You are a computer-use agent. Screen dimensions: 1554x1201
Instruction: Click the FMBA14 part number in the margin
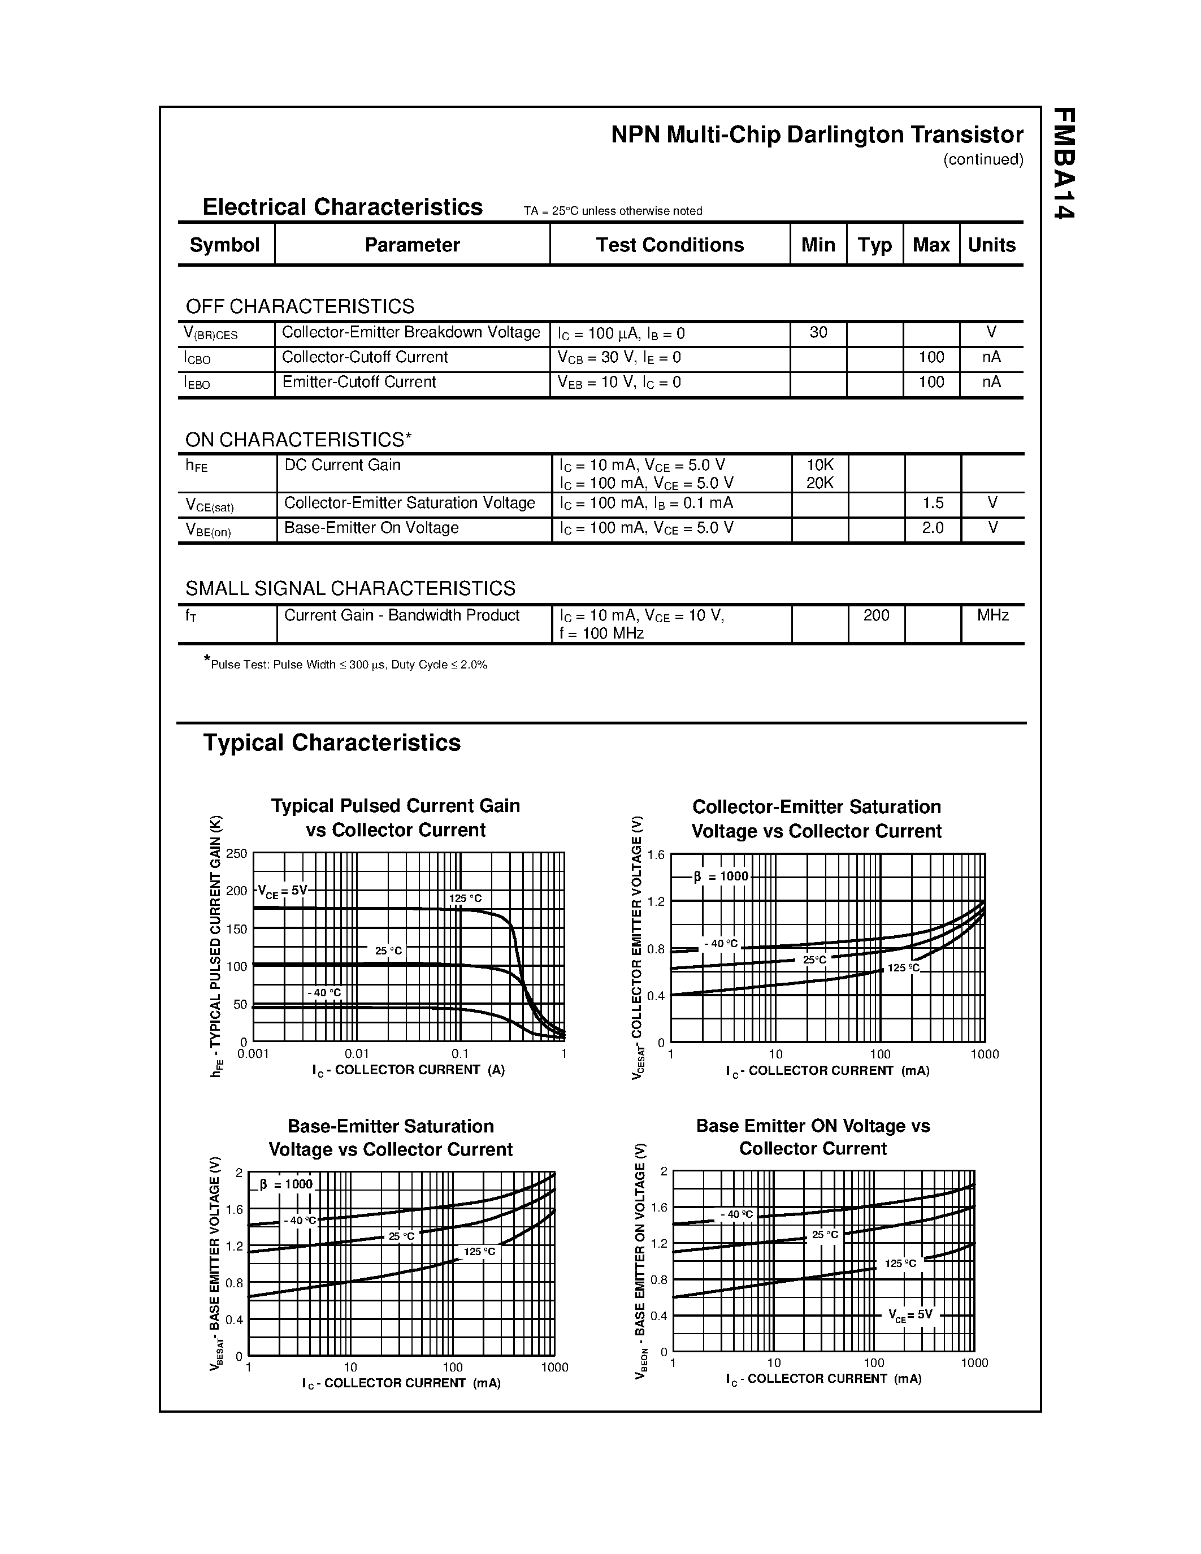click(1063, 164)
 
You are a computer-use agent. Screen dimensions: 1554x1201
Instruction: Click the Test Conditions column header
click(670, 245)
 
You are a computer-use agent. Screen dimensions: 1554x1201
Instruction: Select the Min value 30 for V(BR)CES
click(818, 332)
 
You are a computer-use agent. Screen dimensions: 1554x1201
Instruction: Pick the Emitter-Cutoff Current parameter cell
click(359, 382)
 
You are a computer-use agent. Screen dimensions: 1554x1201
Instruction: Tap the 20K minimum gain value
click(820, 483)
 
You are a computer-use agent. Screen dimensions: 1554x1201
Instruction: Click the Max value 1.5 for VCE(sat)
click(933, 503)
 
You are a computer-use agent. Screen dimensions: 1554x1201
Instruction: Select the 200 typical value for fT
click(876, 615)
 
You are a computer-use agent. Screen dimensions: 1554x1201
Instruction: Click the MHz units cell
click(992, 615)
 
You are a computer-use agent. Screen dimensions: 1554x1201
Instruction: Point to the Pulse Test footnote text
click(349, 665)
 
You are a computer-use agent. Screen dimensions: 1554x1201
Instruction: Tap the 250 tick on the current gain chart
click(236, 853)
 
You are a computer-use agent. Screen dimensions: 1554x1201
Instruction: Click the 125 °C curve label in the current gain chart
click(465, 898)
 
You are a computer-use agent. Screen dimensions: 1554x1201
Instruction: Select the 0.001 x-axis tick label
click(253, 1054)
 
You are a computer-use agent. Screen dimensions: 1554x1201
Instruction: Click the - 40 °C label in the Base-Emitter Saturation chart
click(300, 1220)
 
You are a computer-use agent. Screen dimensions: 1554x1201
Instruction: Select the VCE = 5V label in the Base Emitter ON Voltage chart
click(910, 1315)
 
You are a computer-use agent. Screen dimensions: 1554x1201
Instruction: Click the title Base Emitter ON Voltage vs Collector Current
click(813, 1137)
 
